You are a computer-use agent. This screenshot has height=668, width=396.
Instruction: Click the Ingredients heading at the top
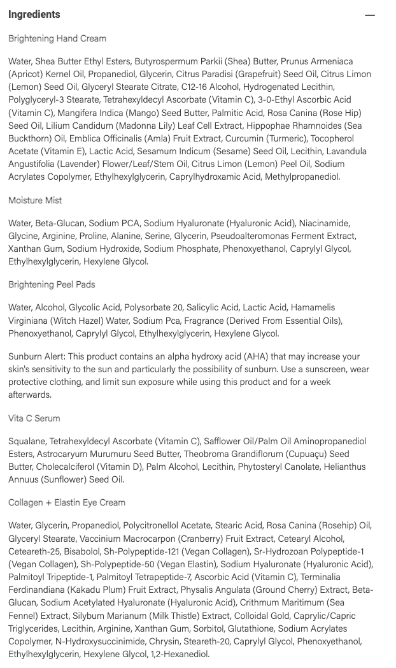coord(34,14)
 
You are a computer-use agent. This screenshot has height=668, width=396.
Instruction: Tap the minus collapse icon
coord(370,15)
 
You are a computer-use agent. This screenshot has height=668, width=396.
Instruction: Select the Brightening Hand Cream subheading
coord(57,38)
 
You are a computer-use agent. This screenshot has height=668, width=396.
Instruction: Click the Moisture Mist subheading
coord(35,200)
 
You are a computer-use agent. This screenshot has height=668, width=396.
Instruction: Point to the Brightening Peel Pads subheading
coord(52,284)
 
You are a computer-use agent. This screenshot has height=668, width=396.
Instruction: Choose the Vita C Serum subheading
coord(34,418)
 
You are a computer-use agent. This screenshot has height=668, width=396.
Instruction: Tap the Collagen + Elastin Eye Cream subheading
coord(67,502)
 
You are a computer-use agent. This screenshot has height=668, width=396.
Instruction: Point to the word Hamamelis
coord(313,307)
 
